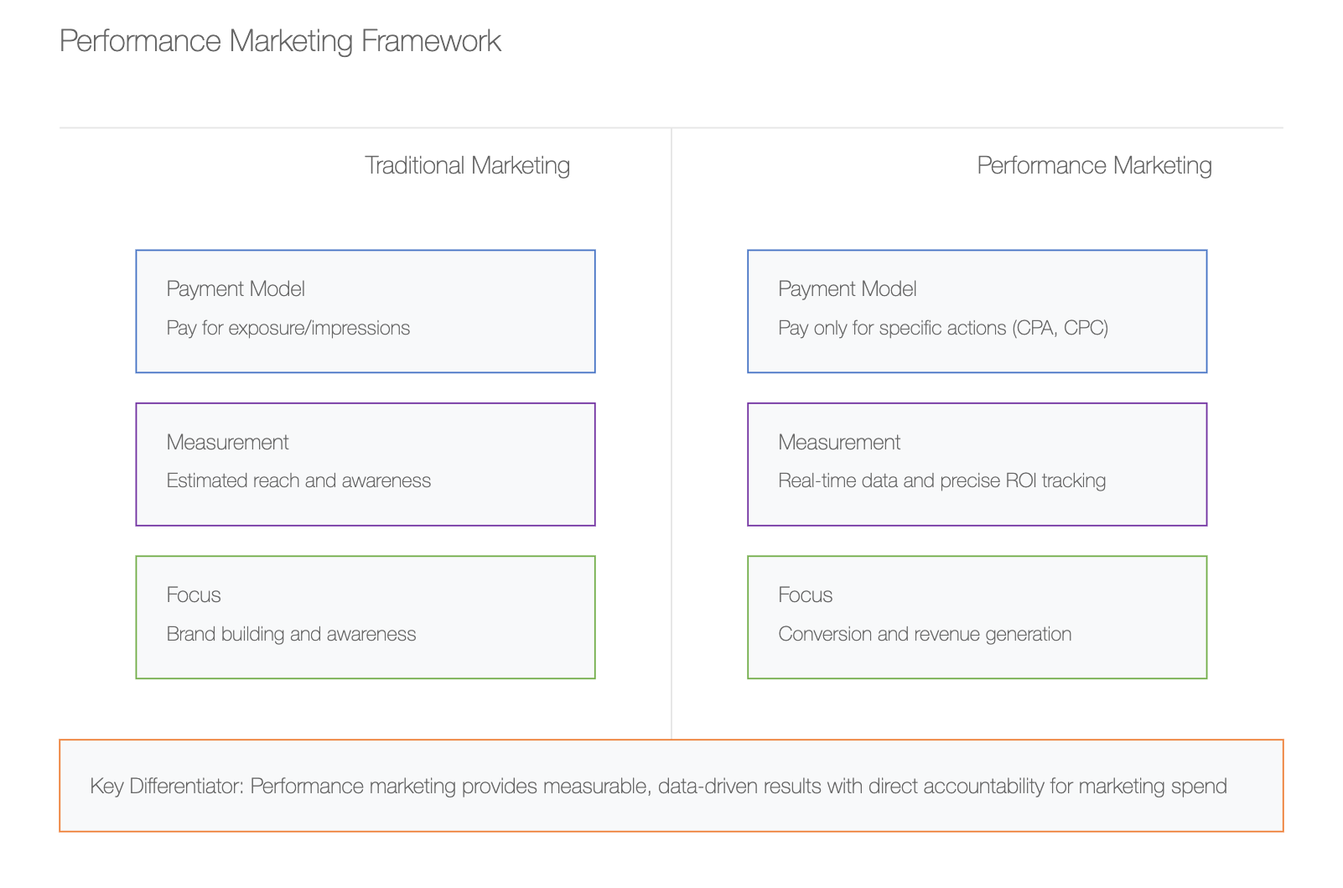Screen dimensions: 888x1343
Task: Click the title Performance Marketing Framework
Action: (280, 41)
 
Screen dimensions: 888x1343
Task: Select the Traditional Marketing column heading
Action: (467, 165)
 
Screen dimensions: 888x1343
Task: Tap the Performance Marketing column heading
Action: (1094, 165)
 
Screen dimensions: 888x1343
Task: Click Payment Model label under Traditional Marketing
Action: (236, 289)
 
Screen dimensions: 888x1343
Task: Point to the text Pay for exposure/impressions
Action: (288, 328)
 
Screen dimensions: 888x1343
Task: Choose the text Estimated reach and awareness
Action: (298, 480)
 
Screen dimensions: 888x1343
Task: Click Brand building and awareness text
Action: (291, 634)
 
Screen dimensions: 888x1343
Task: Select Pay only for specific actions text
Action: (892, 328)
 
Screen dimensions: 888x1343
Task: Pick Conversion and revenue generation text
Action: (925, 634)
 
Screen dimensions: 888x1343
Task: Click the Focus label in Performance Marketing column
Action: (805, 595)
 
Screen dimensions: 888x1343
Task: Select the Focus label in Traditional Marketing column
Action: (194, 595)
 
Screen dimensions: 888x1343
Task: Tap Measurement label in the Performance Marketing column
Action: (839, 442)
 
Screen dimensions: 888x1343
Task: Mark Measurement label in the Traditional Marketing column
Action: (227, 442)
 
